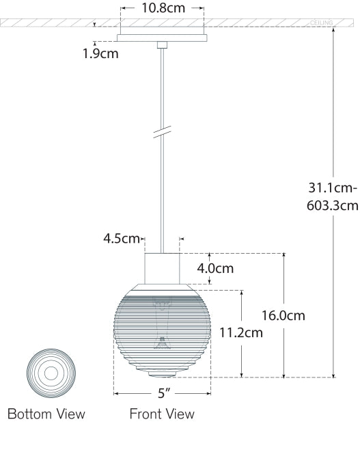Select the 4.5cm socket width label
122,239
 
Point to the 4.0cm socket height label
215,268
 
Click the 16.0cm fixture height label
283,315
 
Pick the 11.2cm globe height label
241,333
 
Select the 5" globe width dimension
163,393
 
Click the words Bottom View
46,414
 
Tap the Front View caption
162,414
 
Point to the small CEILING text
322,23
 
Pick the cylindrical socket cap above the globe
163,267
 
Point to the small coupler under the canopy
163,45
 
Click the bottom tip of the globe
163,376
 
